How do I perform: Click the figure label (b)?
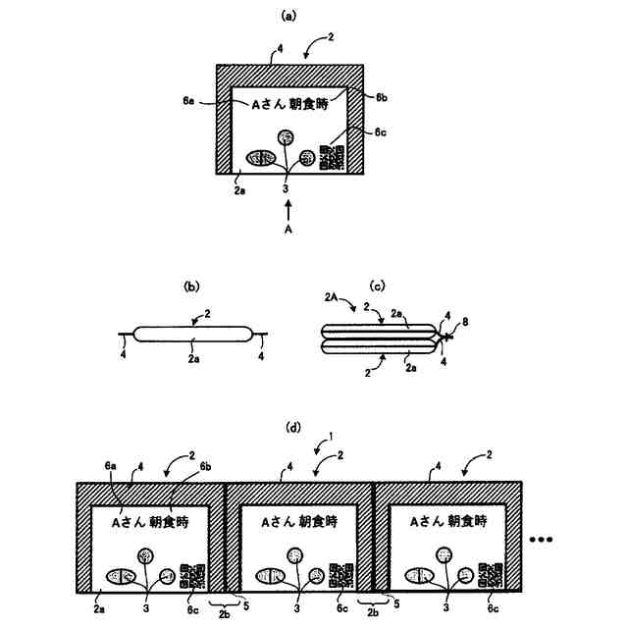coord(192,287)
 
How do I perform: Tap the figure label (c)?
coord(377,287)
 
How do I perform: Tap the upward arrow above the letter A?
coord(288,209)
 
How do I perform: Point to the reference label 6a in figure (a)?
coord(188,100)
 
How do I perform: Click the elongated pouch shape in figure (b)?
coord(193,334)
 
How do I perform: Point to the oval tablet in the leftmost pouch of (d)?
coord(120,577)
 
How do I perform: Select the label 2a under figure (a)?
coord(239,191)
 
